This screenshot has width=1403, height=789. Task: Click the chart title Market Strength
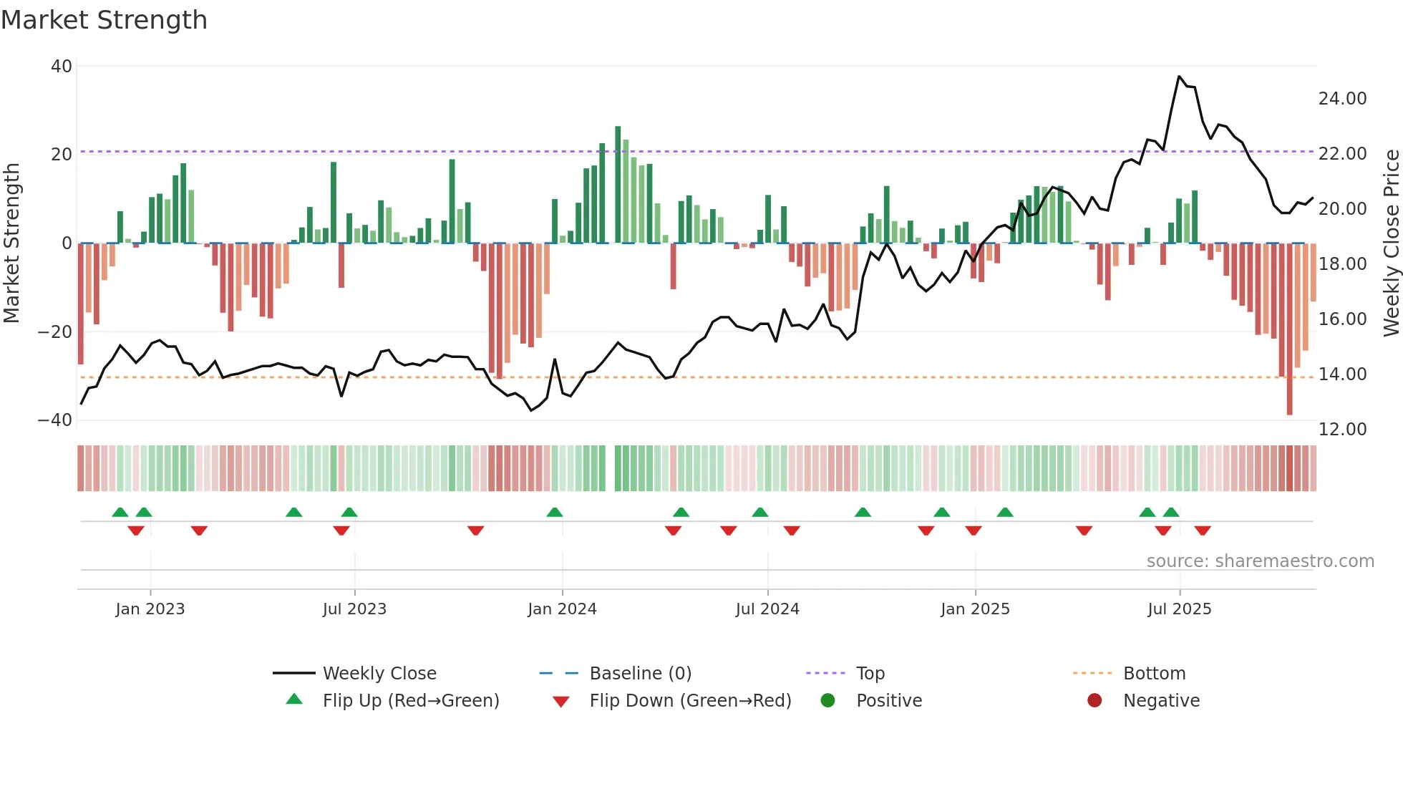pyautogui.click(x=104, y=20)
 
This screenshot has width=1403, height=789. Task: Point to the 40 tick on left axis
pyautogui.click(x=62, y=67)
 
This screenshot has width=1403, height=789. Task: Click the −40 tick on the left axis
pyautogui.click(x=55, y=420)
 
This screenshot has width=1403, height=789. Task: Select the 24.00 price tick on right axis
pyautogui.click(x=1342, y=99)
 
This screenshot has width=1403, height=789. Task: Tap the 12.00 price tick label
pyautogui.click(x=1342, y=430)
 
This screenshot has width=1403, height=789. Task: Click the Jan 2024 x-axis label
pyautogui.click(x=562, y=609)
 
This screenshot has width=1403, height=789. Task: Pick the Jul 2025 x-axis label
pyautogui.click(x=1179, y=609)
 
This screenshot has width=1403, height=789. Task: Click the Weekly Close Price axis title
pyautogui.click(x=1391, y=243)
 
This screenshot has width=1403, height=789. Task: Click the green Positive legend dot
pyautogui.click(x=828, y=701)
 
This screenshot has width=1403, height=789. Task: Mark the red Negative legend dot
pyautogui.click(x=1094, y=701)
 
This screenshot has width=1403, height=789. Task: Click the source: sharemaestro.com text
pyautogui.click(x=1260, y=561)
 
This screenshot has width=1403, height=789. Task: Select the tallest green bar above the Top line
pyautogui.click(x=618, y=184)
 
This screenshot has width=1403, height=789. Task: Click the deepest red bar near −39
pyautogui.click(x=1289, y=329)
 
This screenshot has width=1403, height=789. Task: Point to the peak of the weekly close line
pyautogui.click(x=1179, y=77)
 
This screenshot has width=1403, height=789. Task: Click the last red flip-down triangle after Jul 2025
pyautogui.click(x=1203, y=531)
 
